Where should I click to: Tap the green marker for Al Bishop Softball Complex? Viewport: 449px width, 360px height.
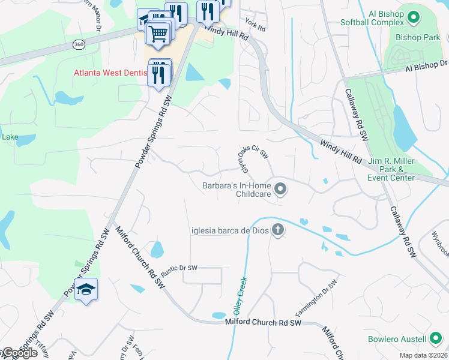[414, 16]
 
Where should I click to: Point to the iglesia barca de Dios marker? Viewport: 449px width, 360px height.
[277, 230]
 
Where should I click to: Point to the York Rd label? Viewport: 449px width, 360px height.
[255, 26]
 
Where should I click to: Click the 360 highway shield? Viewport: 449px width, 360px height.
[79, 44]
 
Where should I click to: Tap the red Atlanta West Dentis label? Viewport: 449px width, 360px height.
[110, 73]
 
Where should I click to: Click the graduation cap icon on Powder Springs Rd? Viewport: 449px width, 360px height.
[86, 289]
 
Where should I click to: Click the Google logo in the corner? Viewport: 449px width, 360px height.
[19, 353]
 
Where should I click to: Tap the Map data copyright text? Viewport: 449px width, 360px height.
[424, 355]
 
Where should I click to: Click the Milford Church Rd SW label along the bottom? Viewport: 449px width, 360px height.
[263, 323]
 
